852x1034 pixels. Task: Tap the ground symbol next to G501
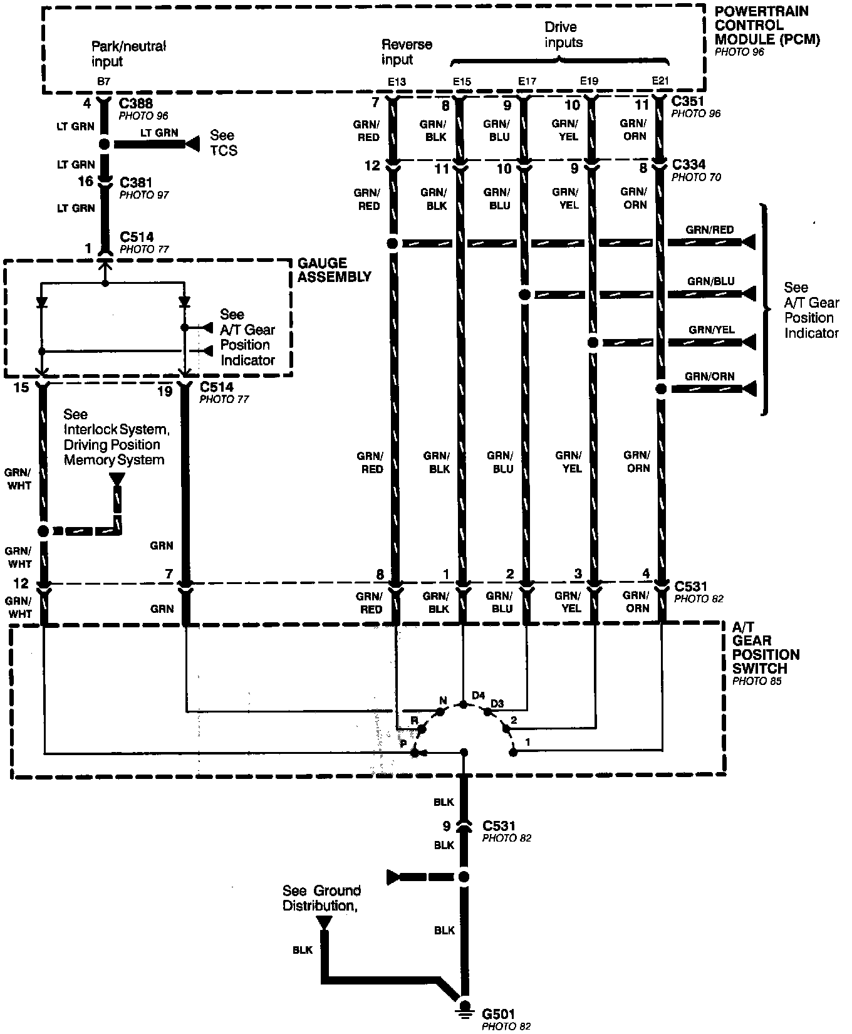click(x=464, y=1007)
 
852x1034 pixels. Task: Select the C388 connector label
click(x=136, y=103)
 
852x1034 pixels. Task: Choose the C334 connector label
click(x=688, y=165)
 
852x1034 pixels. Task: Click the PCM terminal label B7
click(x=104, y=82)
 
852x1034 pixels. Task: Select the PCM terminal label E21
click(x=660, y=81)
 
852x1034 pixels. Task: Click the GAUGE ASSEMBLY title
click(x=334, y=270)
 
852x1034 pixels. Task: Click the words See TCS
click(x=223, y=143)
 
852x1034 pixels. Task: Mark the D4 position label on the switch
click(x=479, y=695)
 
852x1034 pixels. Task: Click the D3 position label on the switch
click(x=497, y=704)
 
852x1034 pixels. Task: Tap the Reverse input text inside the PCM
click(x=407, y=52)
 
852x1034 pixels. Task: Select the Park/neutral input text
click(x=128, y=54)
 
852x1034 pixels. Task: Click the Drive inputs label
click(x=563, y=35)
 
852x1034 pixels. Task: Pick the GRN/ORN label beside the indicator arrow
click(x=709, y=377)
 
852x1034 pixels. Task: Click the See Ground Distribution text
click(x=321, y=898)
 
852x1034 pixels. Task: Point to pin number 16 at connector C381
click(x=86, y=182)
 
